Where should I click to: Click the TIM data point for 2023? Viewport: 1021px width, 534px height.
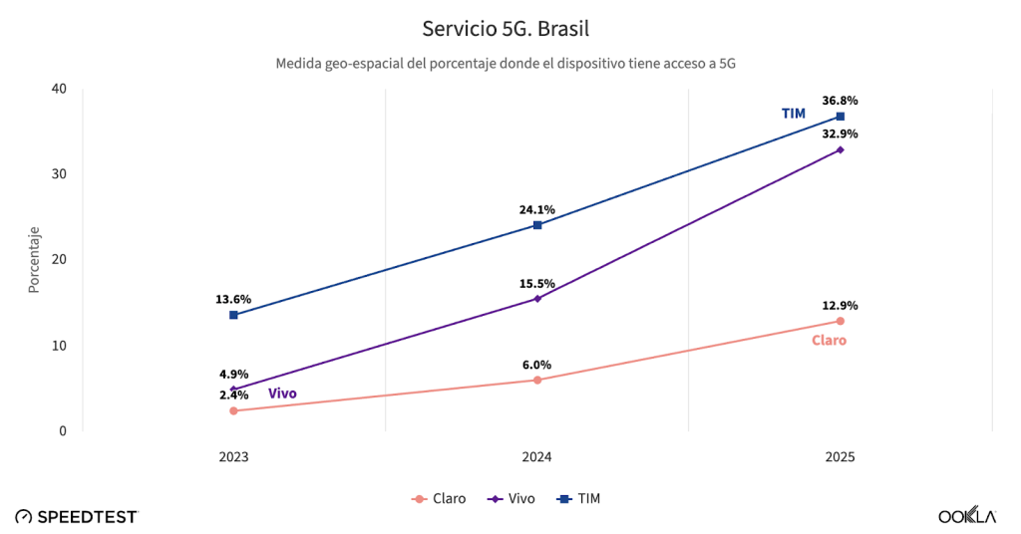(233, 315)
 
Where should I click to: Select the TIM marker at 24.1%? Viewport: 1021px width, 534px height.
(537, 225)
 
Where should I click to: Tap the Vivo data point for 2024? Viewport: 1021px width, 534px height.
(537, 298)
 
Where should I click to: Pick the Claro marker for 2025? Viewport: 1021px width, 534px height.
(841, 321)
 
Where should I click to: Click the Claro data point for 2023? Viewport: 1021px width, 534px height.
(233, 410)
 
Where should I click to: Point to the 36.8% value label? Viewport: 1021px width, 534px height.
(840, 101)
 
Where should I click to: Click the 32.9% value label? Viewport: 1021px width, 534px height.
(840, 133)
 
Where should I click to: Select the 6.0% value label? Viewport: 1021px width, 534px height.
(536, 365)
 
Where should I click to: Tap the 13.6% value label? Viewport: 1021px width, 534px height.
(233, 299)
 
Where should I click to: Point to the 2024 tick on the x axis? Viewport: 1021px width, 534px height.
(537, 456)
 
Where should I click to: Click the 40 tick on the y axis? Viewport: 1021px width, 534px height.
(59, 89)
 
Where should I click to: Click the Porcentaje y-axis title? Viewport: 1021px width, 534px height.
(34, 260)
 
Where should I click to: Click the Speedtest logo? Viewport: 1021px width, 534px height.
(77, 516)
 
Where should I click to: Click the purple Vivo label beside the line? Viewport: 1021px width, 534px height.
(282, 394)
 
